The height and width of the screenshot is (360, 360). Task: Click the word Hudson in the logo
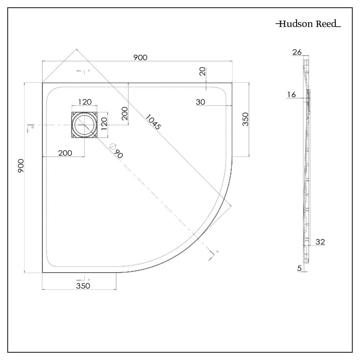[x=293, y=25]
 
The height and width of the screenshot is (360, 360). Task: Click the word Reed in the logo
[x=325, y=25]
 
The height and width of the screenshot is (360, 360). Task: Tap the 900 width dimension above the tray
[x=140, y=57]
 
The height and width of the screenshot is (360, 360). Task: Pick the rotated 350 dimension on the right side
[x=245, y=119]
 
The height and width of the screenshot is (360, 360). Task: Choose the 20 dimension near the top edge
[x=203, y=72]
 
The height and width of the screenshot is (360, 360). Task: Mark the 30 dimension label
[x=201, y=102]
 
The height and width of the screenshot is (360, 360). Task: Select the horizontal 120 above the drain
[x=84, y=102]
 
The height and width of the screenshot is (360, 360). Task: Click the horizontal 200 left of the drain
[x=65, y=153]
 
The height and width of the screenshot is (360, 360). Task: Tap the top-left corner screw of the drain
[x=74, y=114]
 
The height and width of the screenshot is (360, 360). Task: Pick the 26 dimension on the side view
[x=297, y=52]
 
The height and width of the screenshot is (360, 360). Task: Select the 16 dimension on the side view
[x=291, y=95]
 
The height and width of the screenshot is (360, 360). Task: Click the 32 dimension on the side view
[x=320, y=242]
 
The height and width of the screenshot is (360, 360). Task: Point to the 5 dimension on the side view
[x=299, y=267]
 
